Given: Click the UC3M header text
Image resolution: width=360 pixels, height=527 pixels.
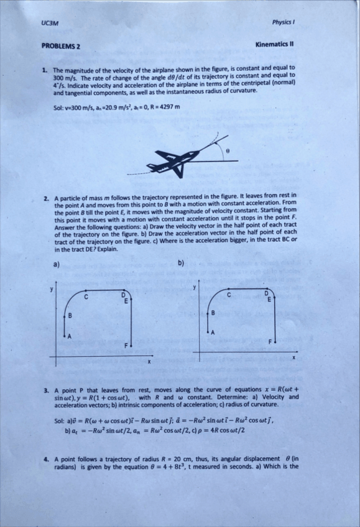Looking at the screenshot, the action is tap(48, 23).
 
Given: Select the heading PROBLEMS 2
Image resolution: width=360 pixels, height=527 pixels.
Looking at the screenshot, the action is tap(60, 46).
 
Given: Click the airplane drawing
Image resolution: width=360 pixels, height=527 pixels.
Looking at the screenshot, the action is tap(173, 163).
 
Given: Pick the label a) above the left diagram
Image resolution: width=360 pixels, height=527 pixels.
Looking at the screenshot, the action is tap(57, 264).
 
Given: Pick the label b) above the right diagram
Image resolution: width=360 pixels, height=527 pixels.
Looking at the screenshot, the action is tap(181, 263).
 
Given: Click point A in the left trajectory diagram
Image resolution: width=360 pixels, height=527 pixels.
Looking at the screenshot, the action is tap(70, 336).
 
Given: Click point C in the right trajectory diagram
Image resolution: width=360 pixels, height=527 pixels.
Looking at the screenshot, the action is tap(229, 295).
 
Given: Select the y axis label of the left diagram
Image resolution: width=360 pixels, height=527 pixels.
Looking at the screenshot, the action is tap(52, 290).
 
